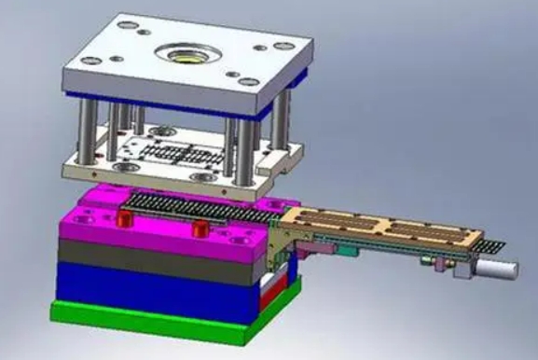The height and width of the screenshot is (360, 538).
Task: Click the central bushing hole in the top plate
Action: tap(185, 52)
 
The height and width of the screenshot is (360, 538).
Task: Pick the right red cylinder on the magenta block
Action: tap(199, 229)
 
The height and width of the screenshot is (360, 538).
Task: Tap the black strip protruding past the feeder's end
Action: tap(493, 246)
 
